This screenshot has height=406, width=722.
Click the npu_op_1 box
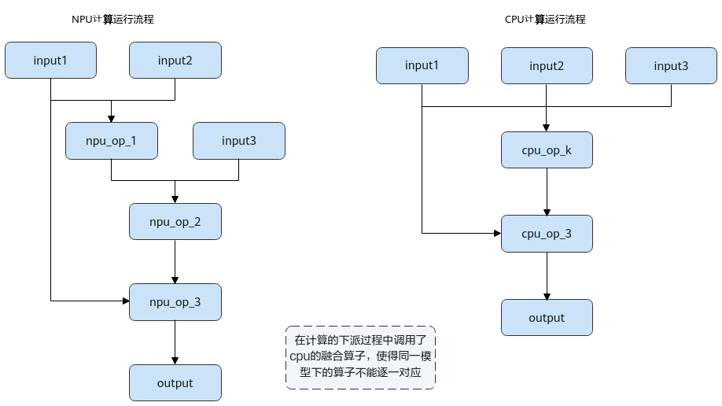112,141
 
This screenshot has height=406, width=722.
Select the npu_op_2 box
175,222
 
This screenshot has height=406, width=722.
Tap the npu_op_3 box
175,302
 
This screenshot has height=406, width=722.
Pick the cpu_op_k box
547,150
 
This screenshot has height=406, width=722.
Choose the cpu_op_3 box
547,234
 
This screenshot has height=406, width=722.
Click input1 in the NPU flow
50,61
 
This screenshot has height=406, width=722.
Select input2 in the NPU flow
175,61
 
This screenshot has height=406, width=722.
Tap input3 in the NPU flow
239,141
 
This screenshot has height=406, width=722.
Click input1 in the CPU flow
422,65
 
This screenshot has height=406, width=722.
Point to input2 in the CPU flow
547,66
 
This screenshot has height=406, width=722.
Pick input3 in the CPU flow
671,66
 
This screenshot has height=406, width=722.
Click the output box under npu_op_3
175,383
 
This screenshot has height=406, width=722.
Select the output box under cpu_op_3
547,318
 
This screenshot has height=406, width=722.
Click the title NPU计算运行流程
112,20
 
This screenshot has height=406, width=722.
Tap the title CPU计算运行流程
545,20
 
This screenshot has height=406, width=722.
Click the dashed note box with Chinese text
360,358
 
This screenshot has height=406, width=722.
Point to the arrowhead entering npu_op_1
111,119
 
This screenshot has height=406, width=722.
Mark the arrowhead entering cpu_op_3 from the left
497,233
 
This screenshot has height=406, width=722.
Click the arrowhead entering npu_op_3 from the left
126,301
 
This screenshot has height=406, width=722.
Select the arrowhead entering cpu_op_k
546,128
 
